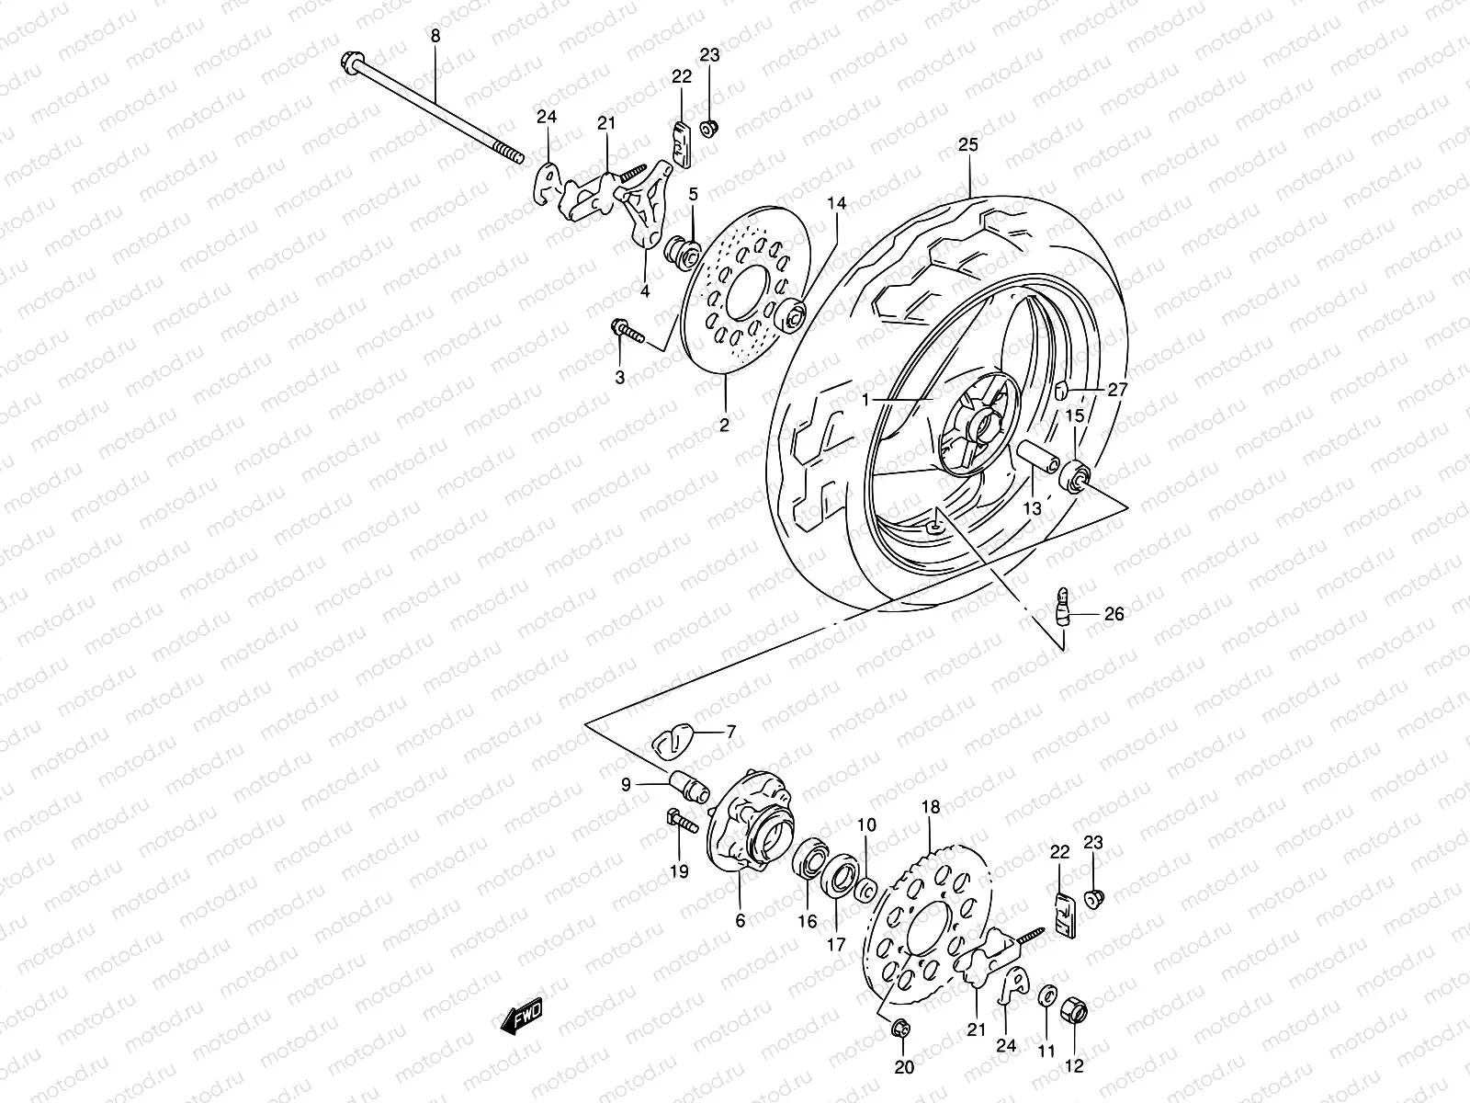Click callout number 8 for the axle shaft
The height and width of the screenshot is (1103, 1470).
click(435, 36)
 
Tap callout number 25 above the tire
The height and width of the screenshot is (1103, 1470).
click(968, 145)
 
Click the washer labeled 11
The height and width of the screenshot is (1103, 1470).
click(1047, 999)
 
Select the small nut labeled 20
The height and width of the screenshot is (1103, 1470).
click(899, 1028)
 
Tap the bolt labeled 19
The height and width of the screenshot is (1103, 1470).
click(675, 821)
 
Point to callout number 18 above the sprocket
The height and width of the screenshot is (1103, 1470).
click(931, 807)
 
